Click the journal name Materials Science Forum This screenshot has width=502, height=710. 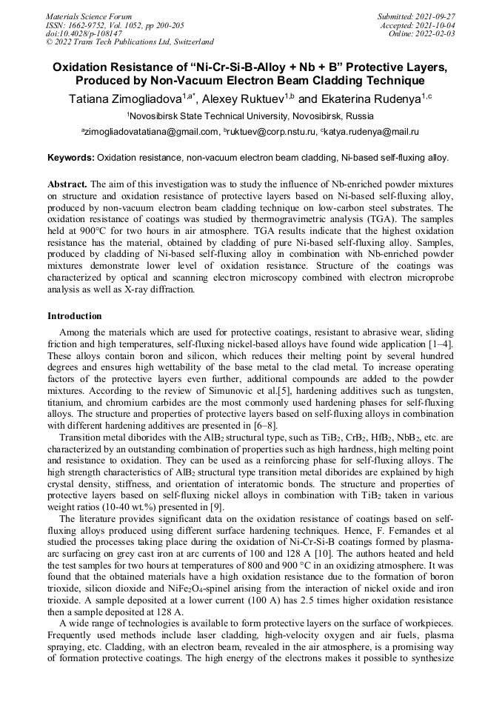click(x=89, y=16)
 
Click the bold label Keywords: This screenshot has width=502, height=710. click(x=71, y=158)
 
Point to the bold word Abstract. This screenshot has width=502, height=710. click(x=67, y=183)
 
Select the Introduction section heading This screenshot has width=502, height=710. click(x=75, y=316)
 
